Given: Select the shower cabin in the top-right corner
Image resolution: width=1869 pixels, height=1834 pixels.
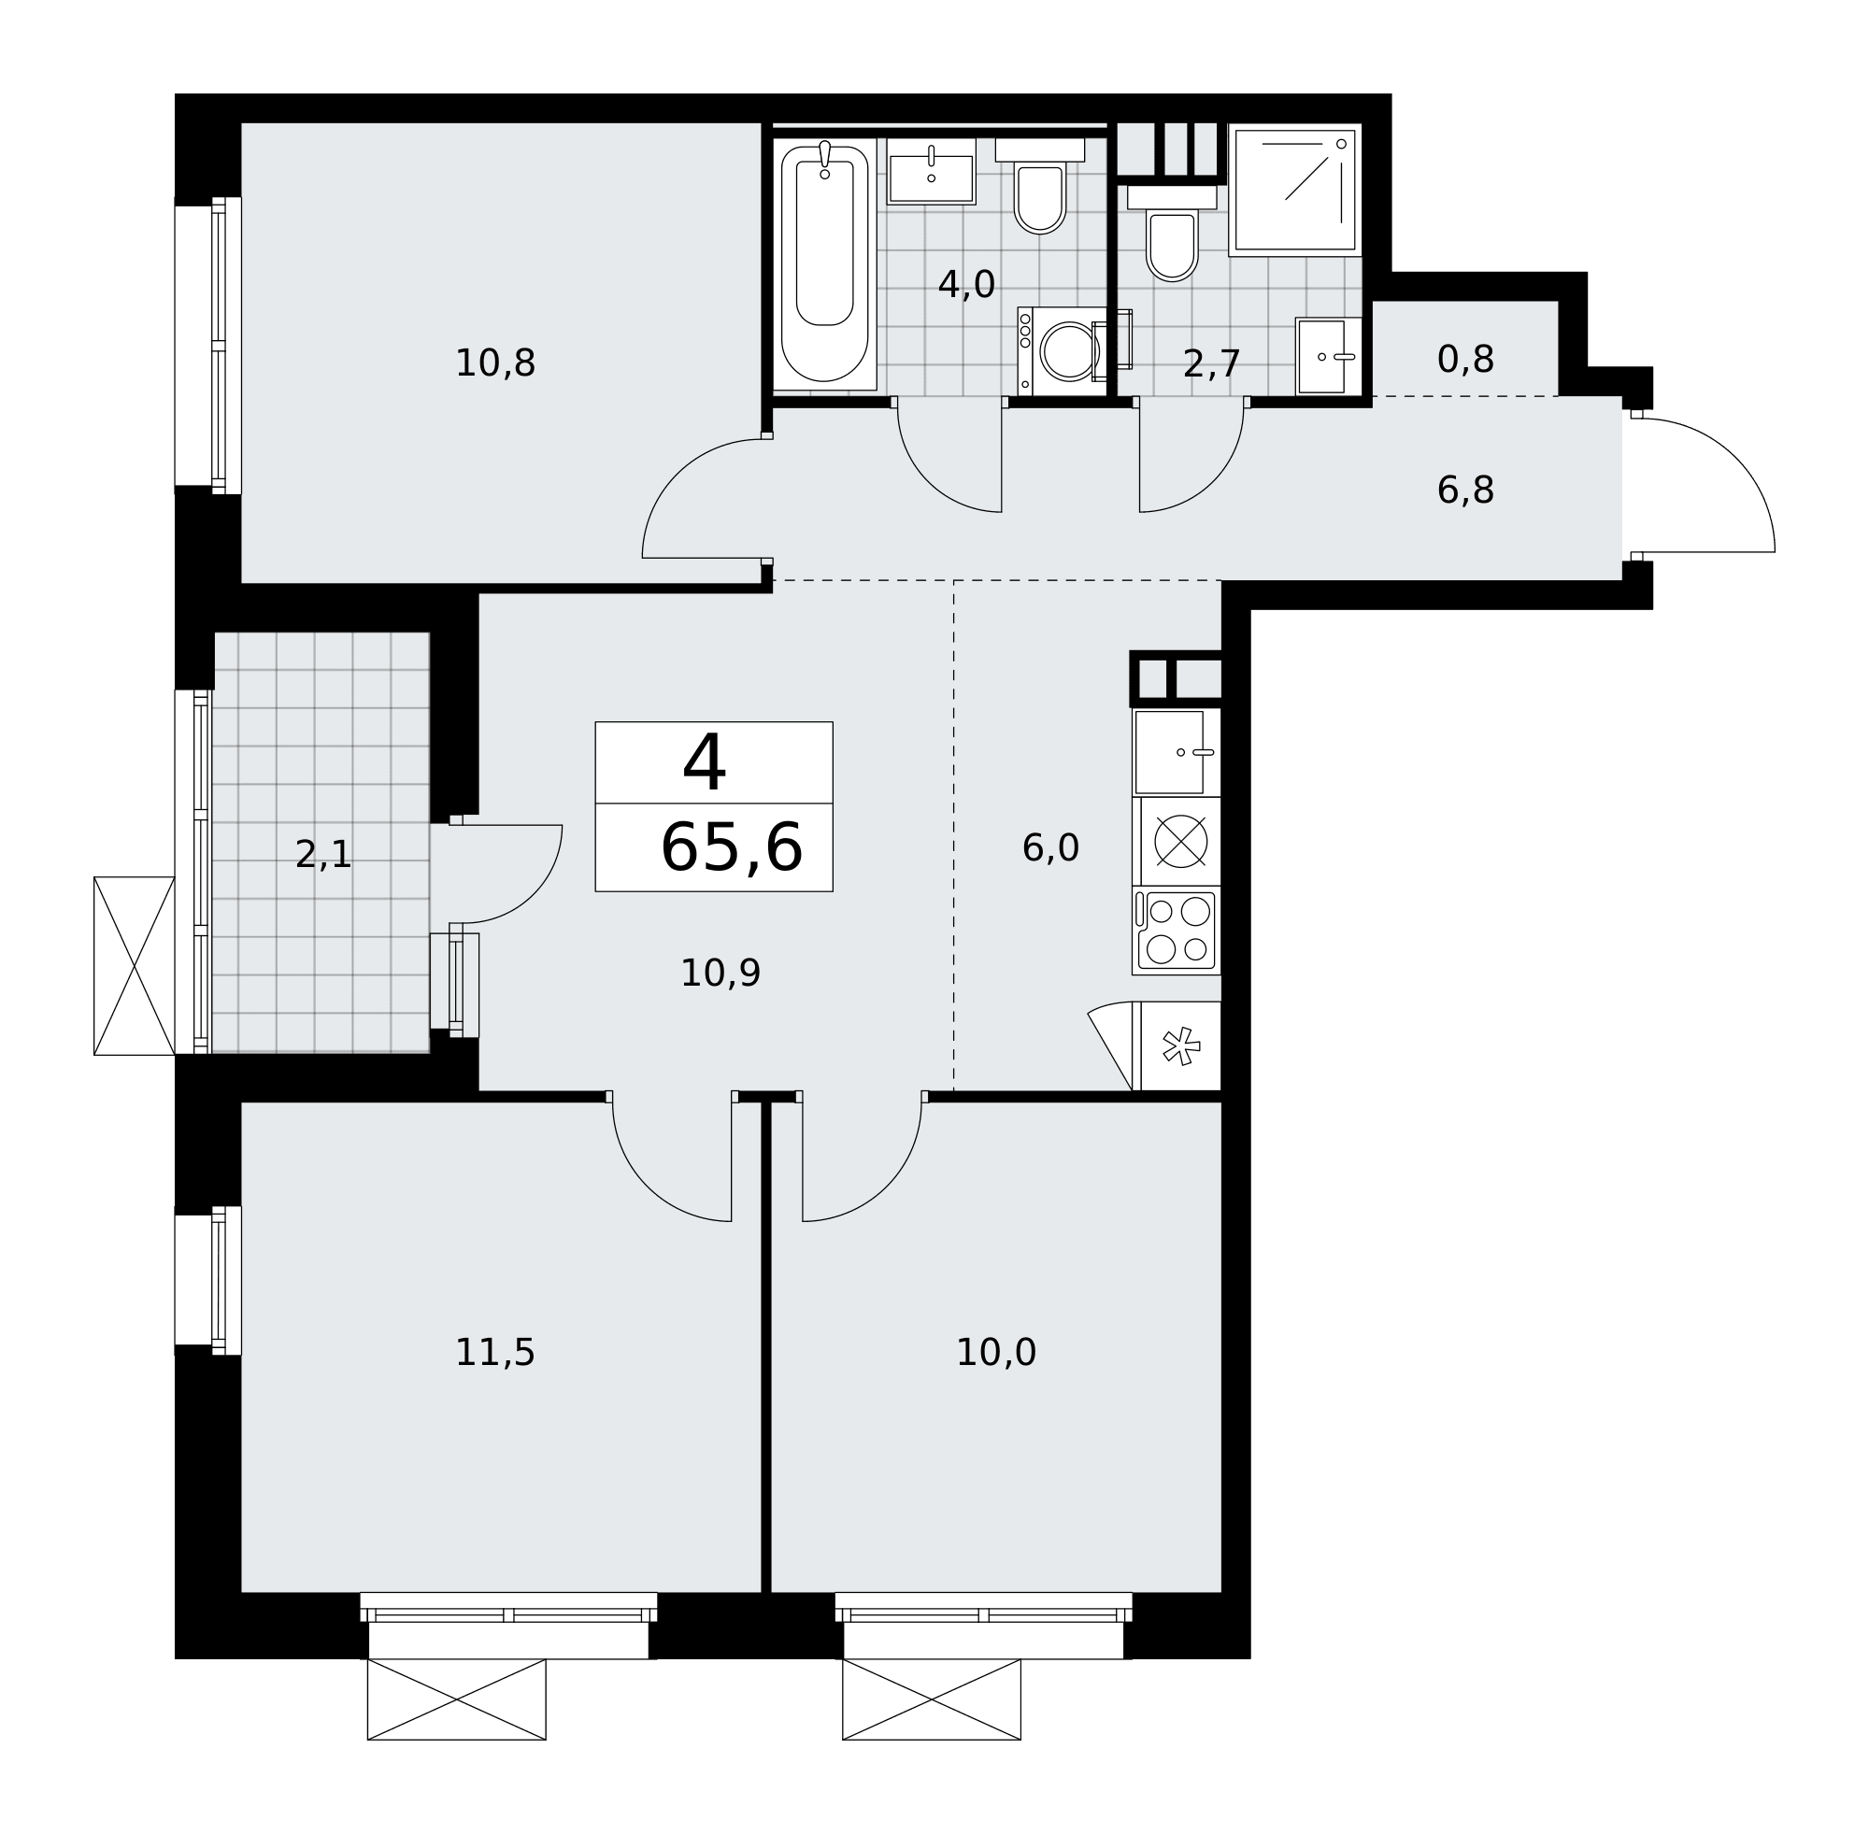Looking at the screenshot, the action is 1295,190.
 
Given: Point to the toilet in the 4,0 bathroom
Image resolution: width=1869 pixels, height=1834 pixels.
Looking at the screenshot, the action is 1039,186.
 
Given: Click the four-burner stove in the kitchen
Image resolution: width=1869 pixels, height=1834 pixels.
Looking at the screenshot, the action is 1177,931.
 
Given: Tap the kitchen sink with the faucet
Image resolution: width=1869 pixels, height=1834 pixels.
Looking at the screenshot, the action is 1177,752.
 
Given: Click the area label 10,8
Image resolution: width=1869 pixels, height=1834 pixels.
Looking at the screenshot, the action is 494,364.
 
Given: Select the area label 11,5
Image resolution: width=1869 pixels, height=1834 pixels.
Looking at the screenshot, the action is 494,1354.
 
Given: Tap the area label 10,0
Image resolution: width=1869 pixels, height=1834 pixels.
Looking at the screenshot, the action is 995,1354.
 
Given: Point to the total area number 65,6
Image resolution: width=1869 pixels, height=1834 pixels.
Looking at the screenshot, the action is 730,848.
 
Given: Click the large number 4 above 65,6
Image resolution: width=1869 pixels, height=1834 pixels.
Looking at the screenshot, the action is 705,763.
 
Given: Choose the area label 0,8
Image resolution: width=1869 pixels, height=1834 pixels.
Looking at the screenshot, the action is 1464,361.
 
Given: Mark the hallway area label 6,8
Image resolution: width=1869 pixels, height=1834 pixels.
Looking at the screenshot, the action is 1464,491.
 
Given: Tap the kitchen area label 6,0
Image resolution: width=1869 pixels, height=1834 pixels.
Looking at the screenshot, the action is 1050,848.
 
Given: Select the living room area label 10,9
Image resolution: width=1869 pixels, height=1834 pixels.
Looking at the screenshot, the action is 720,974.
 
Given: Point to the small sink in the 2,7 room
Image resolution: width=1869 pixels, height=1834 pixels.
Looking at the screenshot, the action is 1329,356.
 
